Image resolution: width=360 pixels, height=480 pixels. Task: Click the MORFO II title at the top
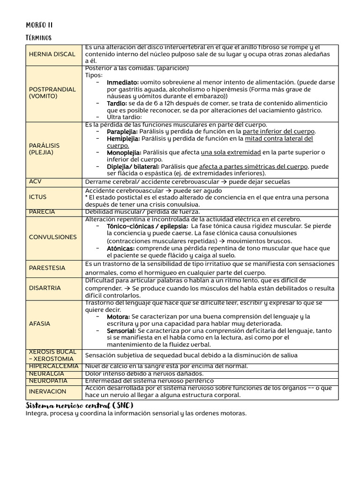[39, 25]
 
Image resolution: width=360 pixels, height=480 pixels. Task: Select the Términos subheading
[38, 37]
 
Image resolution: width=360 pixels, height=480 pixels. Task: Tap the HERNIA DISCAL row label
[52, 54]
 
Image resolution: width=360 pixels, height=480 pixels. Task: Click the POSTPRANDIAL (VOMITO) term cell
[46, 92]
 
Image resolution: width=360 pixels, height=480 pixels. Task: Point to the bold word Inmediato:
[123, 82]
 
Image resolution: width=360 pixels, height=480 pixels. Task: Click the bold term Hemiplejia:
[123, 139]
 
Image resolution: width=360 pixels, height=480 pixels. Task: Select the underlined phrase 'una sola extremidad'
[231, 152]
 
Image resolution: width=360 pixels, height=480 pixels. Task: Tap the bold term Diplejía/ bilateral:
[133, 166]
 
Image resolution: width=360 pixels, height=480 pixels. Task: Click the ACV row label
[35, 181]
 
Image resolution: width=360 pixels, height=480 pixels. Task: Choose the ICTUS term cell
[37, 197]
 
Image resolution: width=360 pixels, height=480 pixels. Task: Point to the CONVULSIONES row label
[52, 237]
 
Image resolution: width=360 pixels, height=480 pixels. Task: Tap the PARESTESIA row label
[47, 268]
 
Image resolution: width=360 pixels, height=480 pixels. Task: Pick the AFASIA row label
[39, 323]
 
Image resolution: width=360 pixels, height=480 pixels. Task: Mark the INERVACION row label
[47, 391]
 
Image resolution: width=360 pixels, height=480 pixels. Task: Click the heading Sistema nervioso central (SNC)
[80, 405]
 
